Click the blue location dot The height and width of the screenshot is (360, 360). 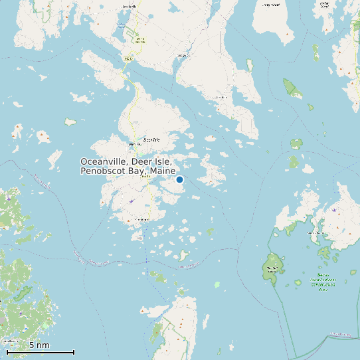coord(179,179)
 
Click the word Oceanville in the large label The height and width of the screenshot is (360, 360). coord(104,162)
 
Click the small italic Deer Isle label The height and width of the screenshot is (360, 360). coord(152,141)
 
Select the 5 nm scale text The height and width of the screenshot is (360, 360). coord(39,345)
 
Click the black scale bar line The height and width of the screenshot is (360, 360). coord(40,352)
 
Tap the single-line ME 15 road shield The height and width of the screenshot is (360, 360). coord(128,59)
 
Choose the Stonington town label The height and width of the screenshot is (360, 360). coord(141,219)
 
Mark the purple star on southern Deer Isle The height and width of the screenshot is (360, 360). coord(132,201)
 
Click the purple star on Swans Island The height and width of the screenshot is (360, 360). coord(333,210)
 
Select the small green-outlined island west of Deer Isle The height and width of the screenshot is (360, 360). coord(70,122)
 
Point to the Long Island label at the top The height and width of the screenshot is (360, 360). coord(270,4)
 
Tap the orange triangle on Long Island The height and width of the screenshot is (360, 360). coord(288,33)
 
